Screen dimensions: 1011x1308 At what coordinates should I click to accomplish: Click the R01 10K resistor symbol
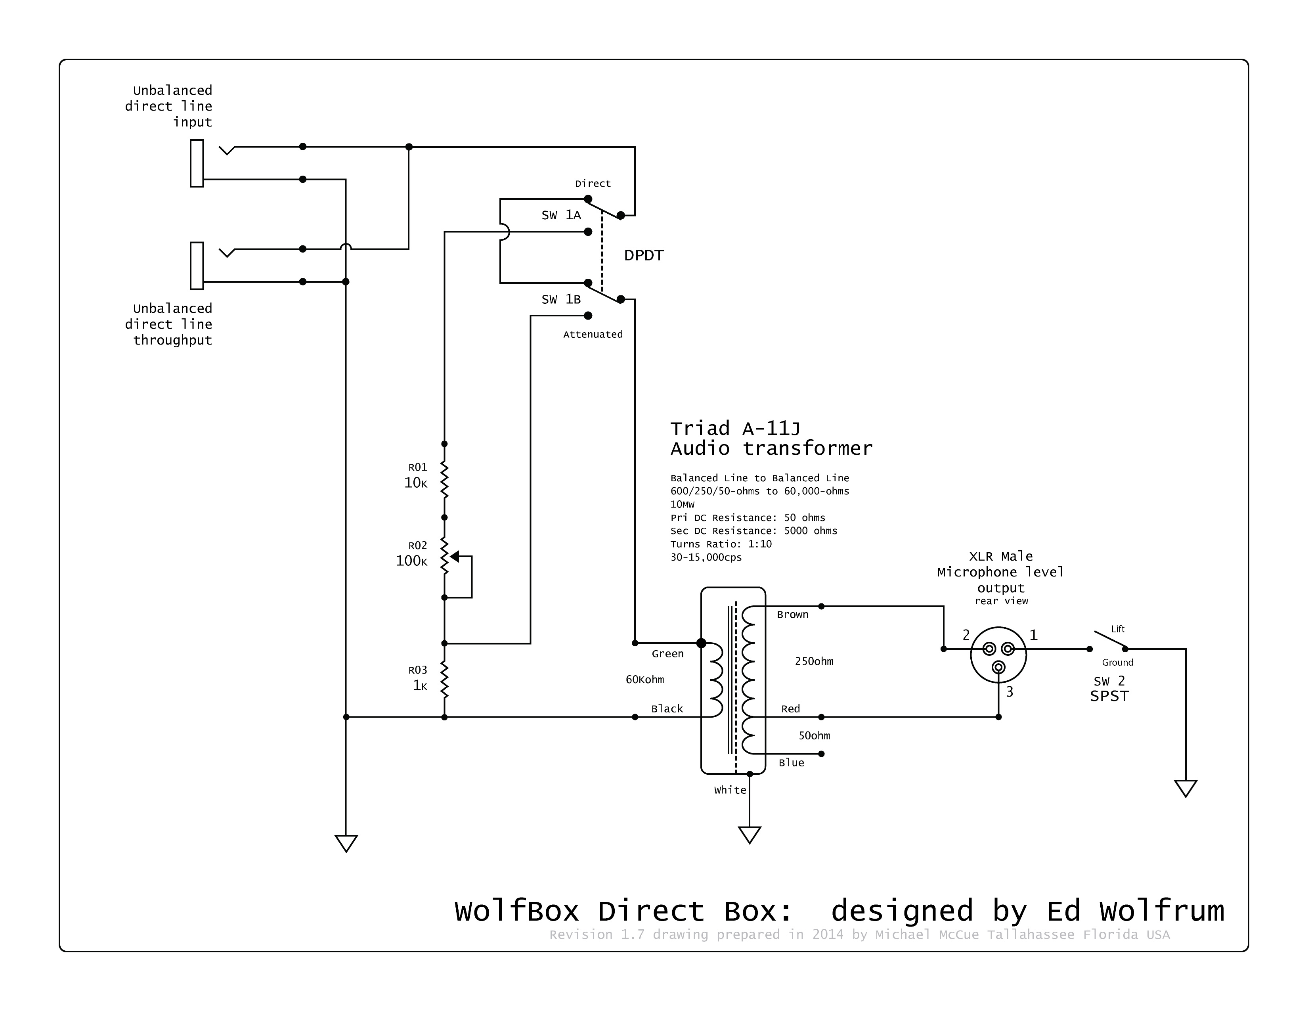click(444, 480)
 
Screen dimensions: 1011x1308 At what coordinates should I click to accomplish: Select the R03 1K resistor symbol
click(444, 680)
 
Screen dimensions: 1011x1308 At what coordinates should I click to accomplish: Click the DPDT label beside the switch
click(644, 256)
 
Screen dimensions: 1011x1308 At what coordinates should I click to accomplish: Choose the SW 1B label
click(561, 299)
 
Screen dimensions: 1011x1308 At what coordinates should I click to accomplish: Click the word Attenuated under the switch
click(593, 334)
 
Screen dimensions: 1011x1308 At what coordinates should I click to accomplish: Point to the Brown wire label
click(792, 615)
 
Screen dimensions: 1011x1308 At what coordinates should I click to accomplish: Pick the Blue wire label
click(791, 762)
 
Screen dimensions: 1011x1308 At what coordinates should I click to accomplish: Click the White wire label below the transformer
click(730, 790)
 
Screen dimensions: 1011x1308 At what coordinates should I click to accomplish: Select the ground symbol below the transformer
click(749, 834)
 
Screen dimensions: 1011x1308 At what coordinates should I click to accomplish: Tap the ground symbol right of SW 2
click(1185, 788)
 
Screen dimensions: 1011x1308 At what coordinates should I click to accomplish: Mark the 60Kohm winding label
click(645, 679)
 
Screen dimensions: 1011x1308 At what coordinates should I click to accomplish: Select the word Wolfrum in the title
click(1161, 911)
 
